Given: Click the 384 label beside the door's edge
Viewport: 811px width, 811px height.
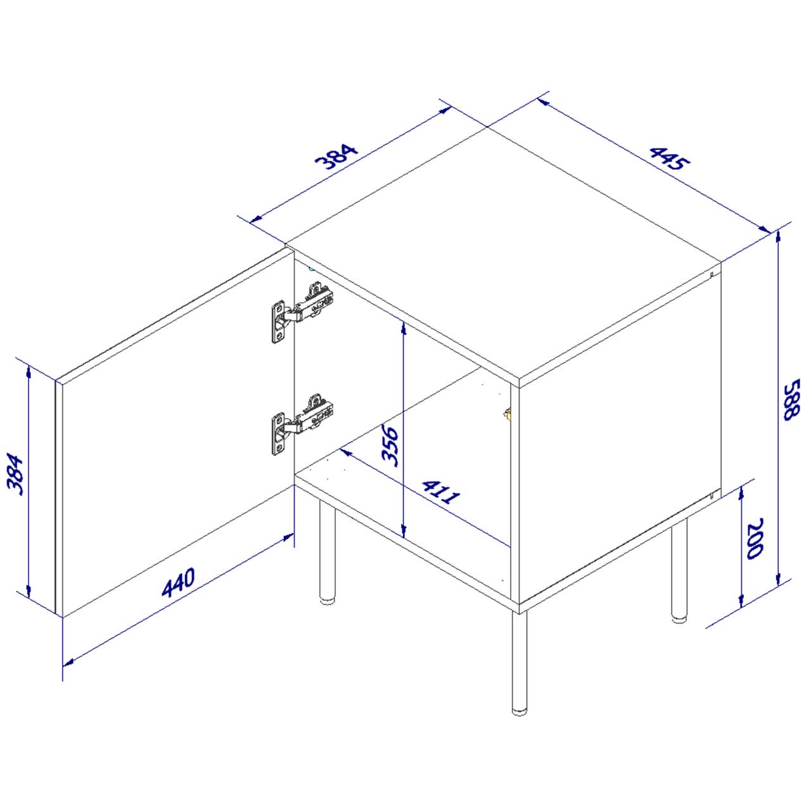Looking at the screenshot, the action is pos(16,473).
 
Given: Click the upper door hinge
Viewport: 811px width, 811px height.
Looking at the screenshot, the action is pos(302,312).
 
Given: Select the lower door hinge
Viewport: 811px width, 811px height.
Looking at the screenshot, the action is pos(302,423).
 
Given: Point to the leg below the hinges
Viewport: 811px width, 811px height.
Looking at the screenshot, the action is pos(327,552).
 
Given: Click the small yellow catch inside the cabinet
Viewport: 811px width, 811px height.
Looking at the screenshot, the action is pos(508,414).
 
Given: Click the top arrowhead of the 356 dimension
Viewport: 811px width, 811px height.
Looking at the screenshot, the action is pos(404,329).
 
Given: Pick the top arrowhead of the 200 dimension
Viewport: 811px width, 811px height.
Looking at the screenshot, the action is pos(741,492).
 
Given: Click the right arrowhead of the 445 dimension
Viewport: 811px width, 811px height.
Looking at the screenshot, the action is pos(765,229).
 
